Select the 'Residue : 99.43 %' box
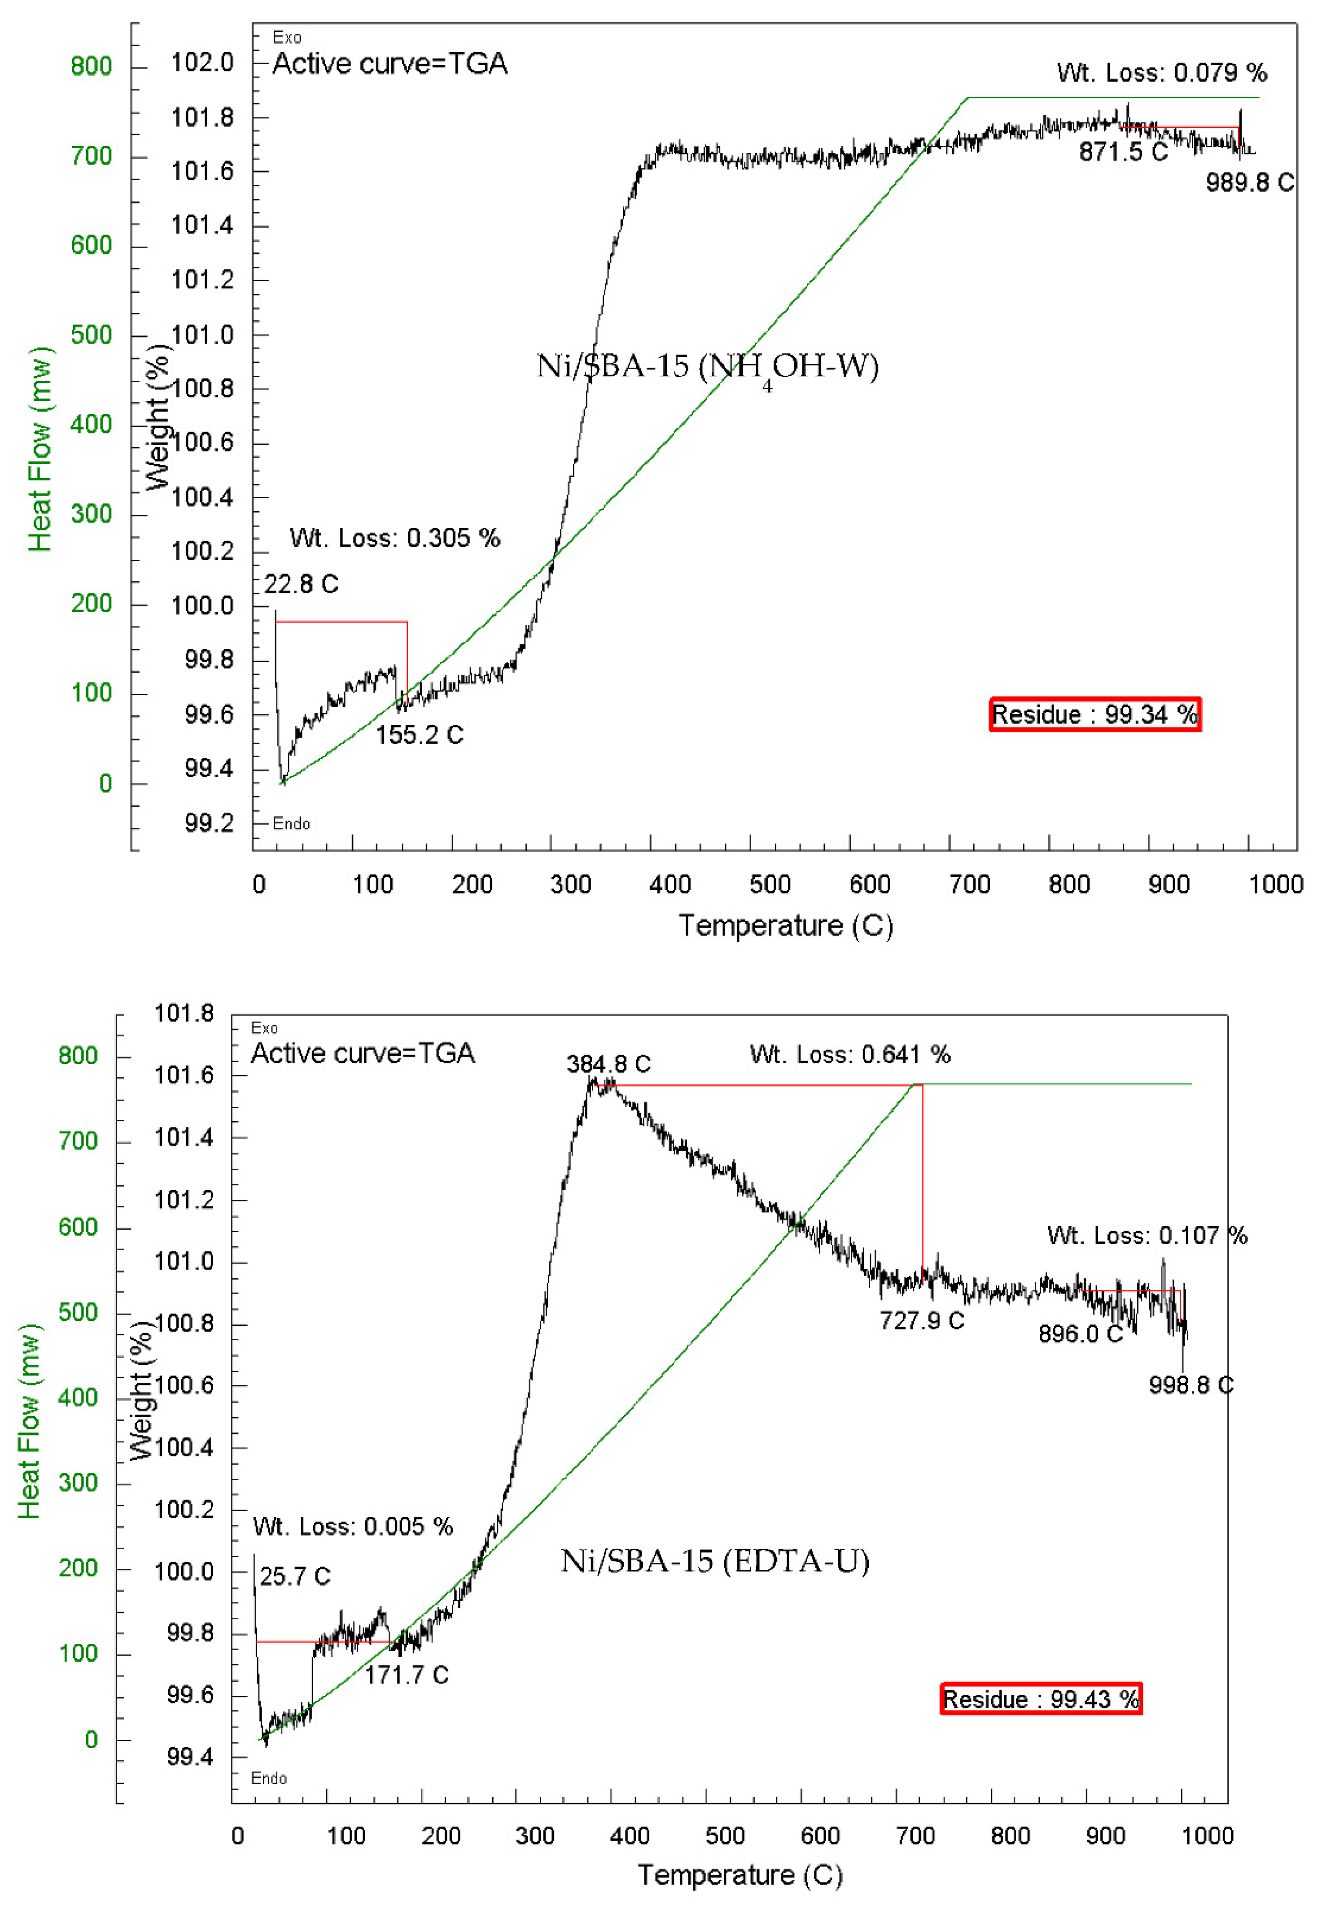tap(1041, 1698)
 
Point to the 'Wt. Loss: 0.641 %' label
tap(850, 1055)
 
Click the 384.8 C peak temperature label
tap(608, 1064)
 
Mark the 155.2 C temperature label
tap(419, 735)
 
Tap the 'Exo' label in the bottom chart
tap(265, 1028)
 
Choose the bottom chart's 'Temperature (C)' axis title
tap(740, 1874)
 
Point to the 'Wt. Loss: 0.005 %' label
tap(353, 1525)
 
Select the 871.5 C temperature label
tap(1123, 152)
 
